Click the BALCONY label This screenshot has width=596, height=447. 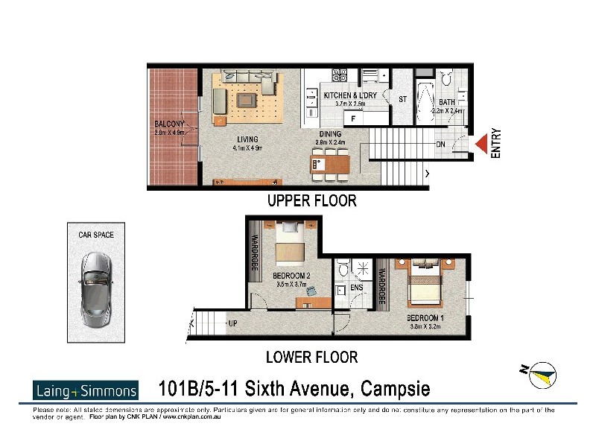[171, 124]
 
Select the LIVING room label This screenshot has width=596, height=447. [247, 139]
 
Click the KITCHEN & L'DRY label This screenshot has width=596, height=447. [350, 96]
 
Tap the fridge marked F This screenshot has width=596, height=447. [353, 118]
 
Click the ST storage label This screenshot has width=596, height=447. [402, 99]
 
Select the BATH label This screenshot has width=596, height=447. [447, 102]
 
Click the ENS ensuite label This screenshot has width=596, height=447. [356, 287]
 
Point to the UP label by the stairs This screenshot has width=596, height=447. [232, 324]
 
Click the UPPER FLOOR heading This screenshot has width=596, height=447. [311, 200]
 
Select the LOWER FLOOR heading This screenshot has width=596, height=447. [312, 357]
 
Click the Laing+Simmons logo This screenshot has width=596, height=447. [86, 390]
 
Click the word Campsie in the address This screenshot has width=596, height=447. [396, 389]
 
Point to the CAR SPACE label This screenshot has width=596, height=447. [96, 235]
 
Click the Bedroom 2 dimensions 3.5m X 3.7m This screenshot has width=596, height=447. [292, 285]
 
